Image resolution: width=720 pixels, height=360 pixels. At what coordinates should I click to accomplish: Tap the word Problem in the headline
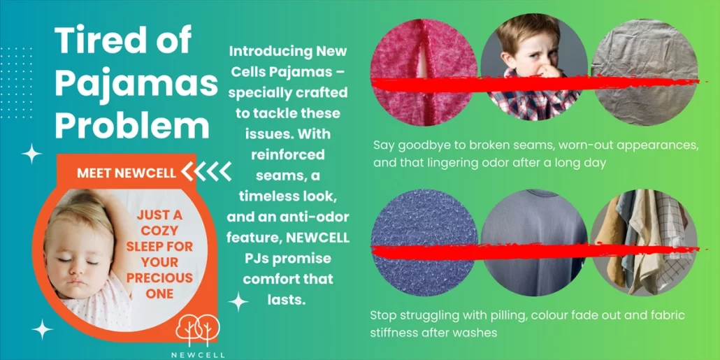point(132,125)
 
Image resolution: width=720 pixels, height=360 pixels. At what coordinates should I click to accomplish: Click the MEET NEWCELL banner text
point(127,173)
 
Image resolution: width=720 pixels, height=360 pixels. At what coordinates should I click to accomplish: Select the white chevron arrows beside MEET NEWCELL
point(206,171)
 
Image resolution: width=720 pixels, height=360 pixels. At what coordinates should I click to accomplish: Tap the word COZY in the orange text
point(159,231)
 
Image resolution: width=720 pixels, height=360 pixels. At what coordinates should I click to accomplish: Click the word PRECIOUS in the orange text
point(159,278)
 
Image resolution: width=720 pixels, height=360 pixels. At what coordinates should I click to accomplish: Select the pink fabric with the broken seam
point(424,72)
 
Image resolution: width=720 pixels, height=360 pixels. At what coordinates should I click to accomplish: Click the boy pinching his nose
point(534,68)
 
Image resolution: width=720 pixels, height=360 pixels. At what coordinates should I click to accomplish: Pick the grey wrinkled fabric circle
point(645,72)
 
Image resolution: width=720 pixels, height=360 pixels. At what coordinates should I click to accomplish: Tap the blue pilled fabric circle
point(424,243)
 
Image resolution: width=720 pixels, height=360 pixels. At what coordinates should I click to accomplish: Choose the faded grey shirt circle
point(534,243)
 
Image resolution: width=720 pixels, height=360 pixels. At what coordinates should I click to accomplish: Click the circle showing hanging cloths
point(645,243)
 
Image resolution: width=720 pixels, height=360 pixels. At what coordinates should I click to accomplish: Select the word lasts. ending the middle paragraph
point(287,300)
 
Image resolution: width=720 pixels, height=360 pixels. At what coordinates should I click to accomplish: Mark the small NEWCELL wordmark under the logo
point(198,355)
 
